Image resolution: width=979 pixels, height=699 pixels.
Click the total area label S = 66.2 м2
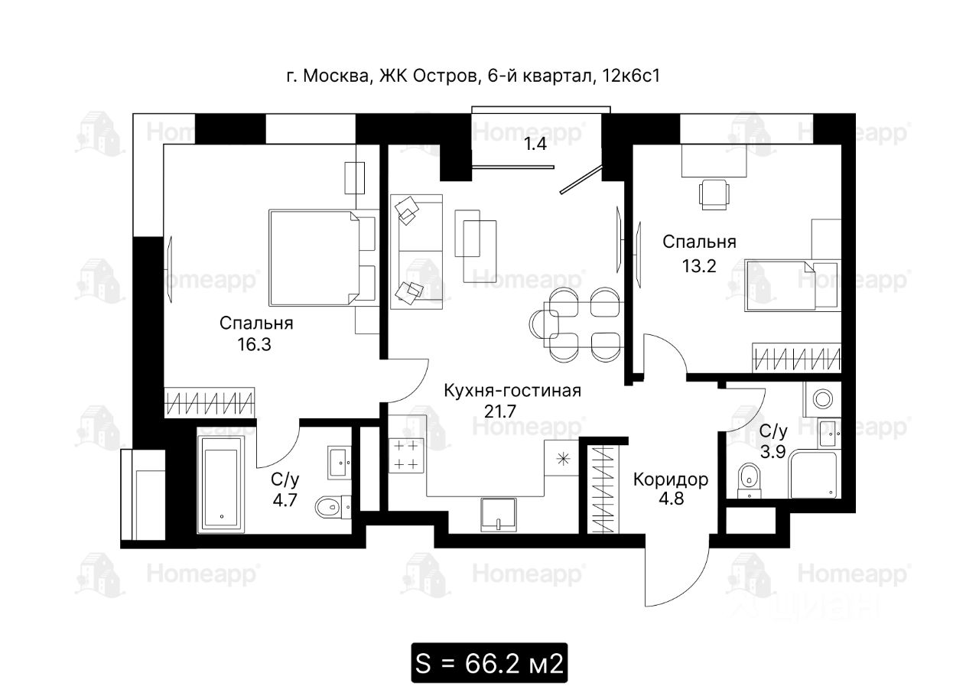click(489, 663)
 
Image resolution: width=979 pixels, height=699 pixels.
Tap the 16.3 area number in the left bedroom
click(255, 345)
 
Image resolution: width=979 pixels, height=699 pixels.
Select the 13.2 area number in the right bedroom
click(699, 265)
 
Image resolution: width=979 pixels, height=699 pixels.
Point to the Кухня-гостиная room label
click(512, 391)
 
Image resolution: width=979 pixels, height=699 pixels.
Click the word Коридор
click(671, 480)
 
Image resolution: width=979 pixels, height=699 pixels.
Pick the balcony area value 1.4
click(535, 144)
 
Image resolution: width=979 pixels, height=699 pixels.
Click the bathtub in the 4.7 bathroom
click(221, 485)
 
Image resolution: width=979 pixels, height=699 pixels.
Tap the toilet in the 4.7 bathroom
click(333, 507)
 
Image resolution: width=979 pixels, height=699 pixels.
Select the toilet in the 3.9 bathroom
click(750, 480)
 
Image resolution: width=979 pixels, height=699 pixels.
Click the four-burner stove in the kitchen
click(406, 456)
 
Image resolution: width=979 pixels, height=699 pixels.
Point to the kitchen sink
click(498, 515)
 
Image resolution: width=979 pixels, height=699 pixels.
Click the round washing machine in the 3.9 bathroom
click(822, 399)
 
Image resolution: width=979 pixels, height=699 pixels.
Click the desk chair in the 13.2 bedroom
click(714, 194)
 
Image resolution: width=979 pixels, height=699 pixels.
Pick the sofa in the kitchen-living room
click(417, 252)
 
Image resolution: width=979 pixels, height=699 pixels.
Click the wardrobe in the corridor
click(603, 489)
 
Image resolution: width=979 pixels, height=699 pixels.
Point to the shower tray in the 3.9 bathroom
click(813, 473)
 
